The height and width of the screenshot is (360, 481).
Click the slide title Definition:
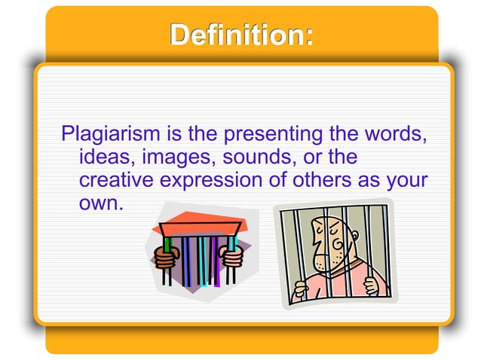click(240, 35)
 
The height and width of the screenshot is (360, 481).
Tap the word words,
click(385, 136)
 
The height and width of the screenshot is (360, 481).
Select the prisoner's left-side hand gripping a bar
click(302, 287)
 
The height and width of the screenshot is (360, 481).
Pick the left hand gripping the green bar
click(165, 258)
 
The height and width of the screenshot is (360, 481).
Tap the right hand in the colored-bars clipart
click(233, 256)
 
